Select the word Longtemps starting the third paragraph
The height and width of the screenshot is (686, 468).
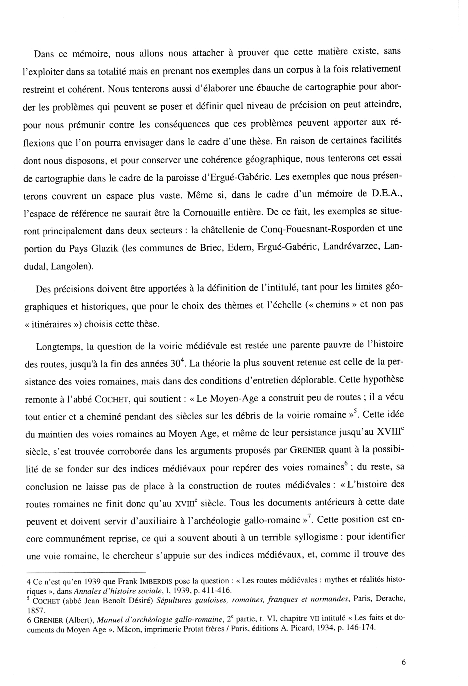59,347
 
